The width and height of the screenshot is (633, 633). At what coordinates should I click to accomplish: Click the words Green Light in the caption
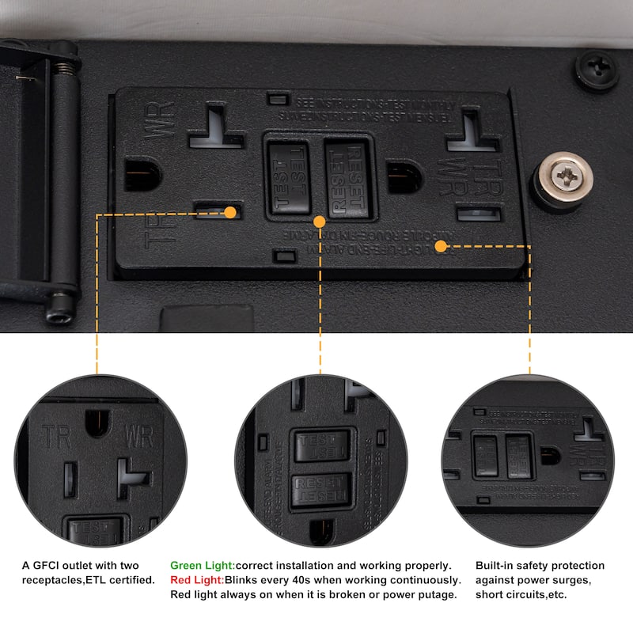click(202, 566)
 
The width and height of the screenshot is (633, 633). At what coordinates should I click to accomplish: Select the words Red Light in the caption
click(197, 580)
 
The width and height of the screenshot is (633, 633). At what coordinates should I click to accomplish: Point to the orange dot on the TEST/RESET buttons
click(320, 221)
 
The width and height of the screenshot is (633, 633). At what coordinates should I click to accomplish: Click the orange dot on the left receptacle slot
click(230, 212)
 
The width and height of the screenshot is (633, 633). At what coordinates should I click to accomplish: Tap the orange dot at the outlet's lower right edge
click(442, 246)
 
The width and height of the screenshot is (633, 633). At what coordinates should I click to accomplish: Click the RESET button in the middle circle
click(321, 491)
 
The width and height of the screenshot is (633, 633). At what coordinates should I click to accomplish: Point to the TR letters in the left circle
click(58, 436)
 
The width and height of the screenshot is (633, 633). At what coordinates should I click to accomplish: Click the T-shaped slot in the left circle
click(132, 477)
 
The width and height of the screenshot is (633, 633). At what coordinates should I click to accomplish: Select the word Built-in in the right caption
click(496, 566)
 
